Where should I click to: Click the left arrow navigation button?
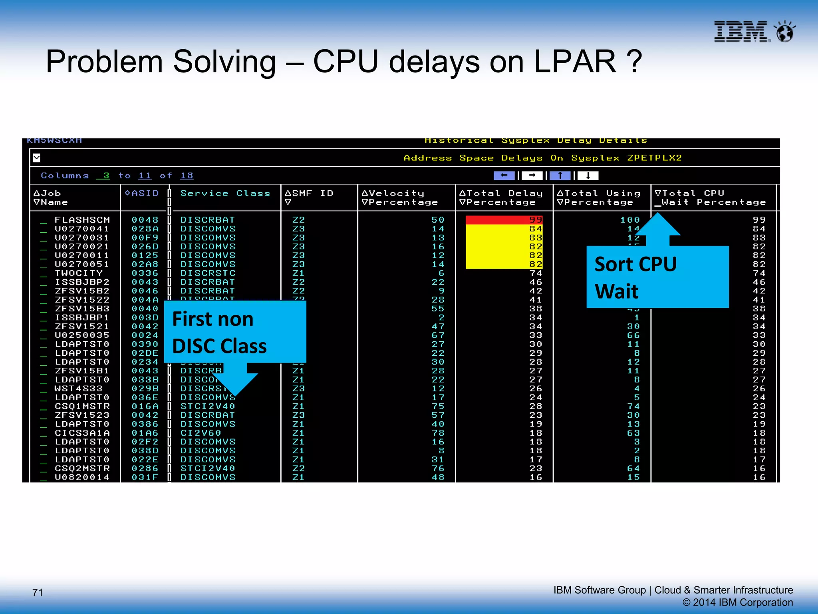tap(504, 175)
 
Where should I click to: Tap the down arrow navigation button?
tap(588, 175)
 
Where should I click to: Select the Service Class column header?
tap(225, 193)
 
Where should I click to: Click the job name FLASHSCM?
tap(82, 220)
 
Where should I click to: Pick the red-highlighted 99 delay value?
tap(504, 220)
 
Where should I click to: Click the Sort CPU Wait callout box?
tap(657, 277)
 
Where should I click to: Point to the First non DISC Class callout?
tap(235, 332)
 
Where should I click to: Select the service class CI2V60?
tap(201, 433)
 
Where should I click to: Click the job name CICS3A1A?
tap(82, 433)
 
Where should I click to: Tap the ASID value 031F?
tap(145, 477)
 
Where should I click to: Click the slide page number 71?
tap(38, 592)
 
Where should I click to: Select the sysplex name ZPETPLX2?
tap(654, 158)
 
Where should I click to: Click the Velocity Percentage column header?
tap(399, 198)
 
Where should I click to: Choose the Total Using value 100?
tap(630, 220)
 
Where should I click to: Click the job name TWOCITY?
tap(79, 273)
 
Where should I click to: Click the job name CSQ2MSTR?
tap(82, 468)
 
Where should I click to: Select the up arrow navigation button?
tap(560, 175)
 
